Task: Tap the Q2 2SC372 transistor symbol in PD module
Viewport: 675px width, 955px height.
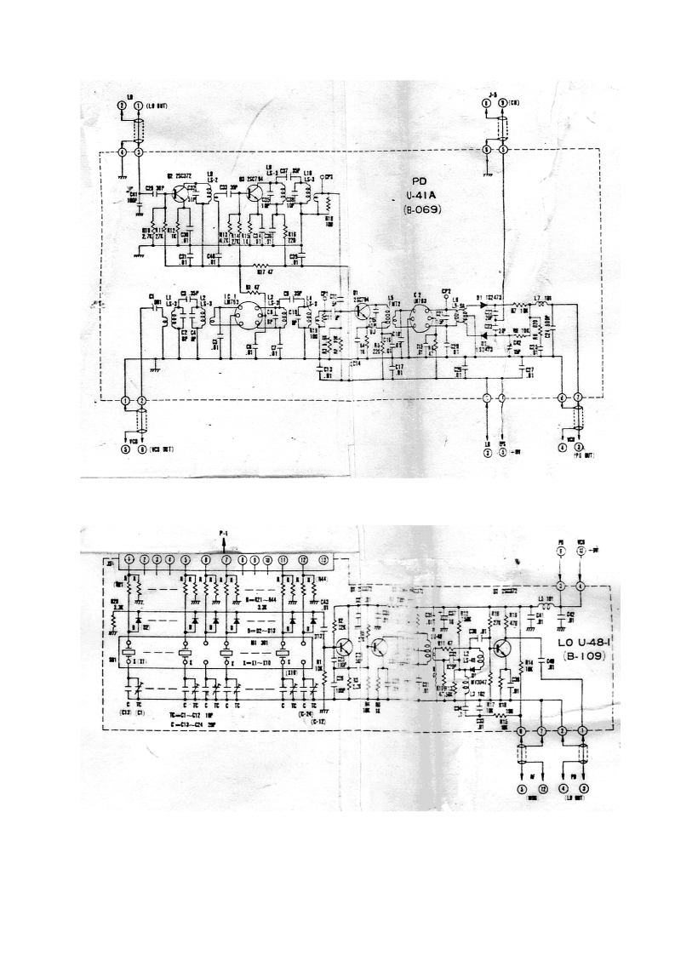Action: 180,193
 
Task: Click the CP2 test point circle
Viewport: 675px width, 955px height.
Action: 445,297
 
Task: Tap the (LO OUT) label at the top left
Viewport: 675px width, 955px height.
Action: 159,105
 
